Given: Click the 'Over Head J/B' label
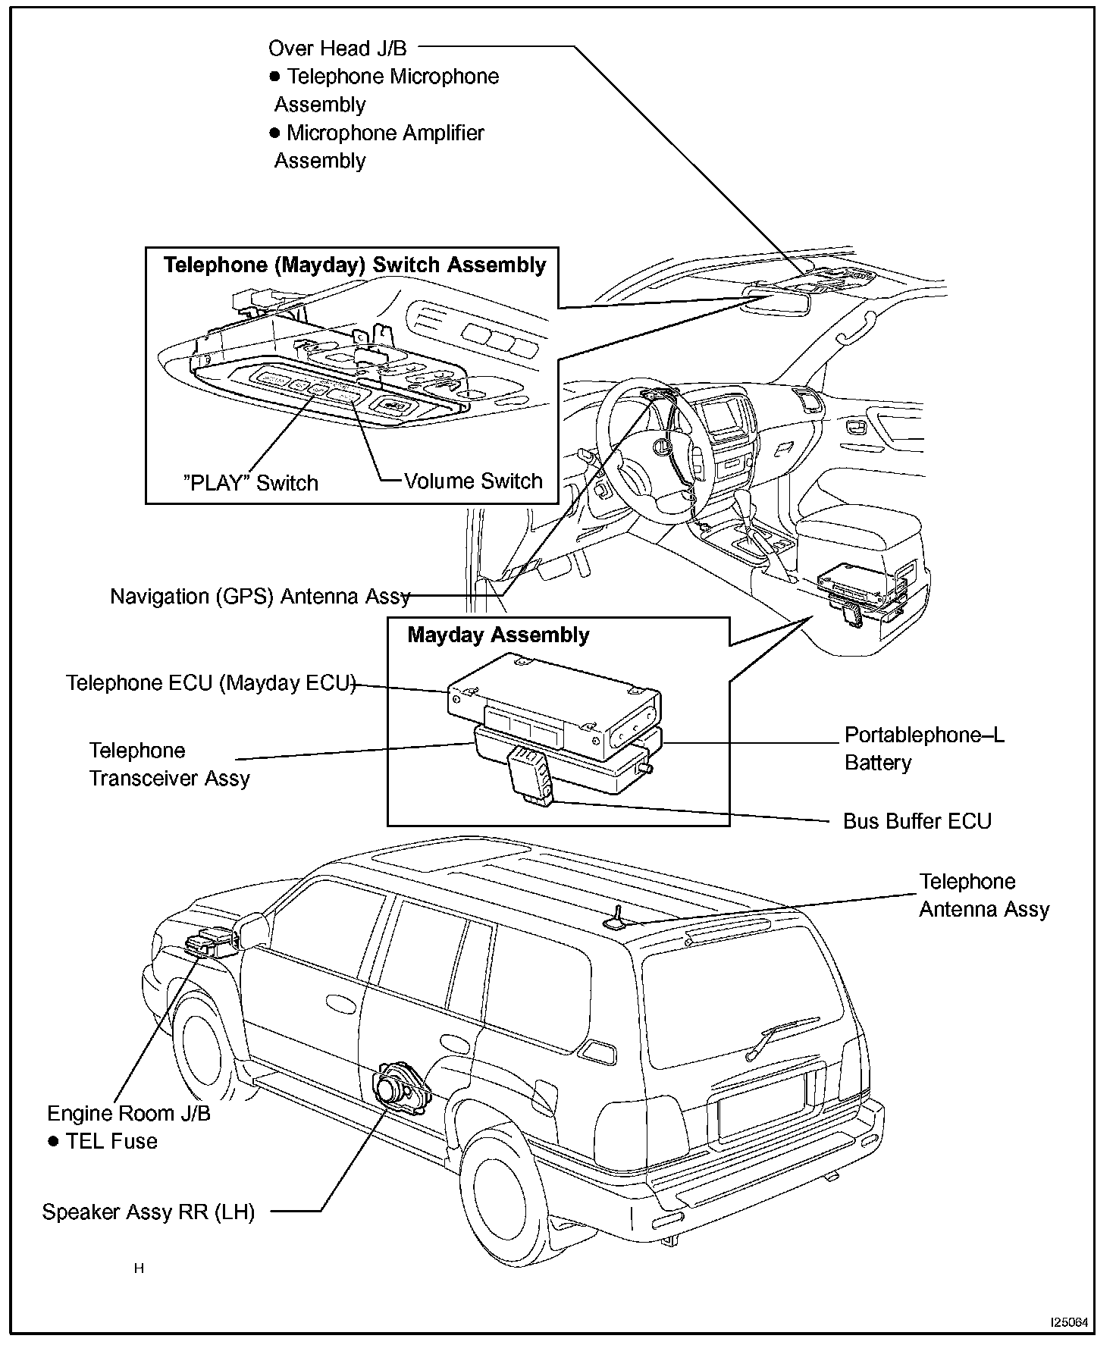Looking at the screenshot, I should (x=337, y=49).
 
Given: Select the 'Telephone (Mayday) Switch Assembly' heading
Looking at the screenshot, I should (x=355, y=265).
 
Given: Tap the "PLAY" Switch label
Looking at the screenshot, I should (x=251, y=483).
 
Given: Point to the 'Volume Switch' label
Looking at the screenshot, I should (x=473, y=481).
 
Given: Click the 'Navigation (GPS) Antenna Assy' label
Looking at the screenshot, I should (x=260, y=597).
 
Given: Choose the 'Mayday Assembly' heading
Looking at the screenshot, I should (x=498, y=635).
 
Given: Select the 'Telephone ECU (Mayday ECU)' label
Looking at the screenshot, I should (x=211, y=683).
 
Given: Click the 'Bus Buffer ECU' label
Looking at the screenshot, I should (x=917, y=821).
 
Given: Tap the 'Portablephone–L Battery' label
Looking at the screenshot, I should (x=923, y=749).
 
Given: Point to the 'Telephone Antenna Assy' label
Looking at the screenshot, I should (x=983, y=895).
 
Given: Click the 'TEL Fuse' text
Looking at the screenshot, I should (x=111, y=1142).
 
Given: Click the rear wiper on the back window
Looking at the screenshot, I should (x=781, y=1034).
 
